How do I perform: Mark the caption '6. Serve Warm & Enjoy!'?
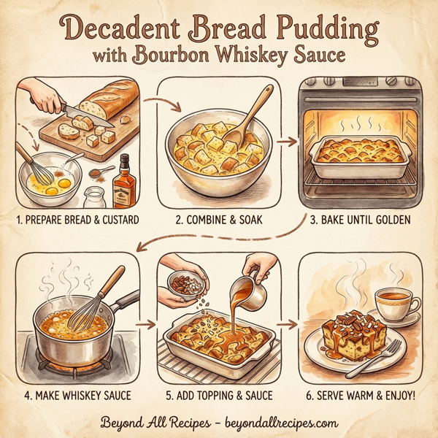tap(360, 396)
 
